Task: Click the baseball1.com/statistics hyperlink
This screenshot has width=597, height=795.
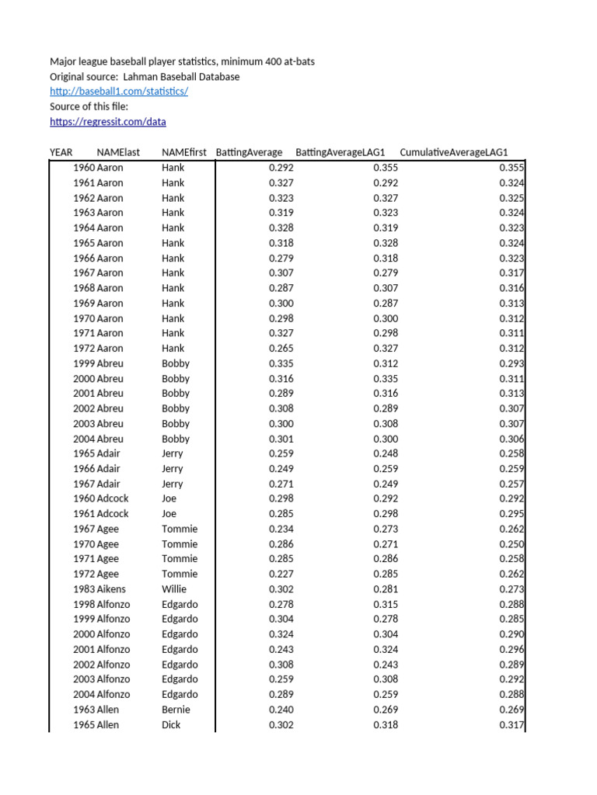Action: tap(119, 92)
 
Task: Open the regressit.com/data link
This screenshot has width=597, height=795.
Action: tap(107, 122)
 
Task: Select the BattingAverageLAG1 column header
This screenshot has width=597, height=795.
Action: tap(340, 152)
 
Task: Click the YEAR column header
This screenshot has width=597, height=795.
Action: tap(61, 152)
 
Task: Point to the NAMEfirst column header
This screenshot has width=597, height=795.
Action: tap(184, 152)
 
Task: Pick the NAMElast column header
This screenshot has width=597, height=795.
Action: tap(118, 152)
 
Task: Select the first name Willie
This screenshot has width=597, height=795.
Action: tap(174, 589)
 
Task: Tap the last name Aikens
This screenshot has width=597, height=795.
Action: tap(111, 589)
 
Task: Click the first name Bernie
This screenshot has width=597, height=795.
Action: tap(176, 710)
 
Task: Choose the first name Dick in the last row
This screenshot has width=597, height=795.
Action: tap(171, 725)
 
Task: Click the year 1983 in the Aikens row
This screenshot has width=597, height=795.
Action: tap(84, 589)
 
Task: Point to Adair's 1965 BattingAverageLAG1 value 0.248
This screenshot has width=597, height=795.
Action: tap(386, 453)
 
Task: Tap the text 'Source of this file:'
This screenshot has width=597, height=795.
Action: tap(89, 107)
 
